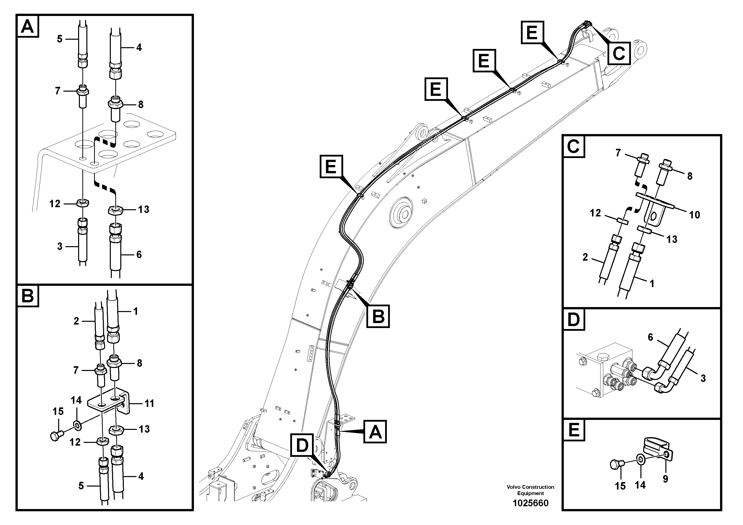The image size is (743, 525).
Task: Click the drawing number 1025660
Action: (x=530, y=503)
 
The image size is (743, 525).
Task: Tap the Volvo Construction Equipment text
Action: (x=530, y=490)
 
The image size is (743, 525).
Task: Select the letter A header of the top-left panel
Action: (x=27, y=26)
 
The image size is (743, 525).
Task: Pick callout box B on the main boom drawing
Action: (x=378, y=316)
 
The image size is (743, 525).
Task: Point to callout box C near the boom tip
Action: (x=619, y=53)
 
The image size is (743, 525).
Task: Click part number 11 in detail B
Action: (x=149, y=403)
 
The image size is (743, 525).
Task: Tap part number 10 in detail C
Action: (x=695, y=215)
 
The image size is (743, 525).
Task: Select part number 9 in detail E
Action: (x=665, y=479)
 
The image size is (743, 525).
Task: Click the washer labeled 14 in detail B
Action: (x=78, y=424)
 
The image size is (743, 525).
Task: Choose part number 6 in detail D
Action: (x=650, y=338)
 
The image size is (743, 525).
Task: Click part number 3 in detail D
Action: (x=703, y=378)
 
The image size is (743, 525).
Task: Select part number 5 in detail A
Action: (x=60, y=39)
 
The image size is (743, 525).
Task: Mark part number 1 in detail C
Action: (x=652, y=284)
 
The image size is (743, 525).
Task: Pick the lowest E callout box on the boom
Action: (x=331, y=167)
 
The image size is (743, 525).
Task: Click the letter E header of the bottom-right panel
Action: (x=574, y=430)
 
